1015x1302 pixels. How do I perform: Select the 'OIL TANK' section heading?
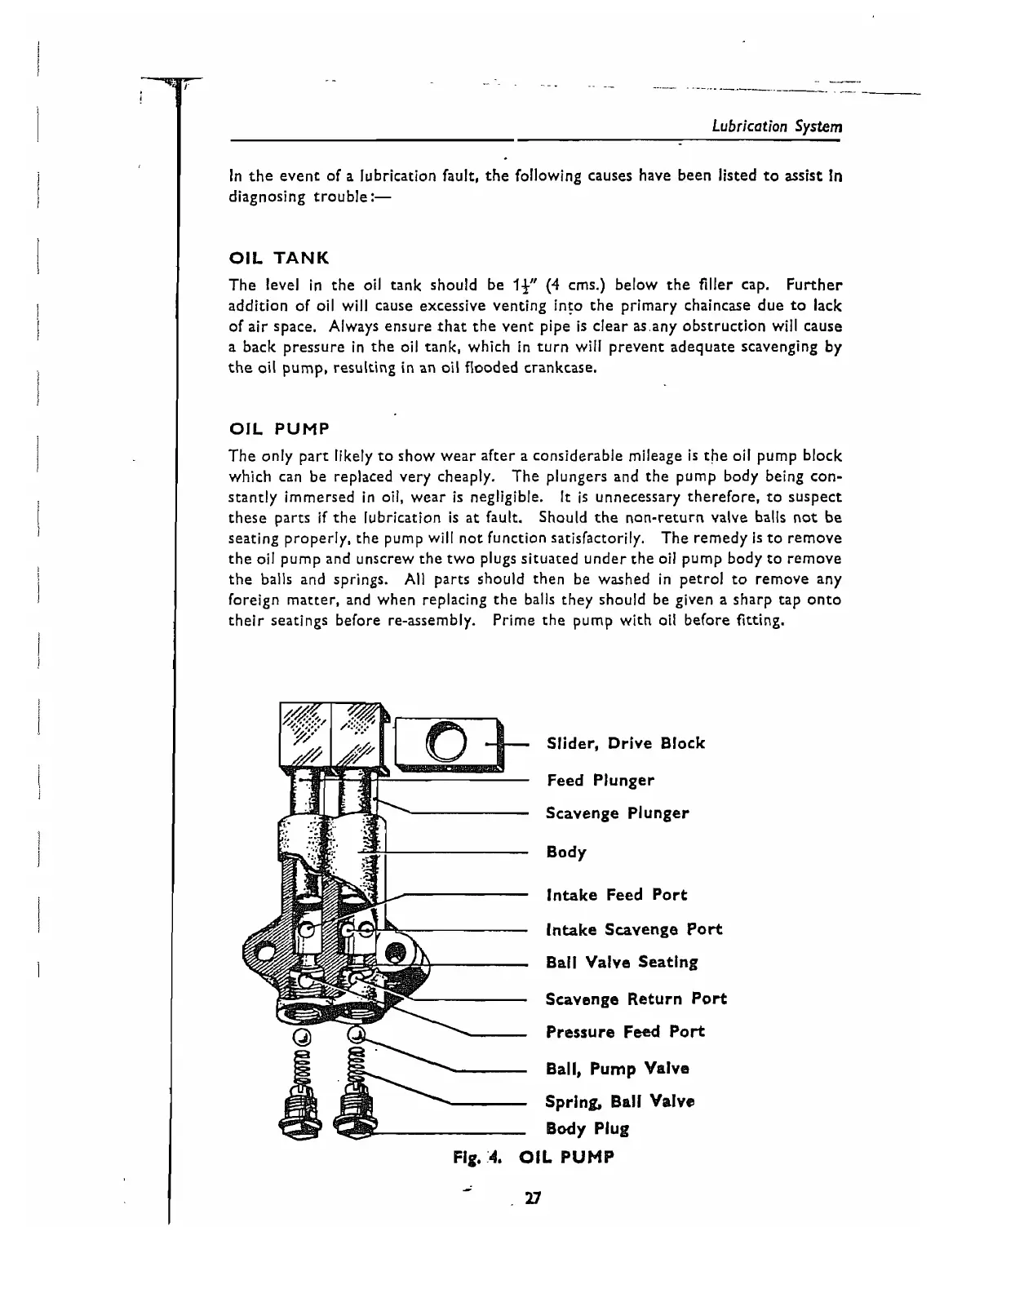[279, 259]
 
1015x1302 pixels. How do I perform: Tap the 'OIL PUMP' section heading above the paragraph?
[279, 429]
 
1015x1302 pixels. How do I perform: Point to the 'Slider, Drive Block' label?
[625, 743]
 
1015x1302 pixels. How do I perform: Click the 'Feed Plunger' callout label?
[601, 780]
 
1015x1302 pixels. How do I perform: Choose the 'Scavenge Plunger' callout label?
[618, 813]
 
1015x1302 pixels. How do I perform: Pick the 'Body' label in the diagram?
[566, 852]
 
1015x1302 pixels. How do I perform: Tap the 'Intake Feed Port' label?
[617, 895]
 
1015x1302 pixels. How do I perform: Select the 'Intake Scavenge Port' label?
[634, 929]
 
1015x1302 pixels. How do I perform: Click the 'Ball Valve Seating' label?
[622, 963]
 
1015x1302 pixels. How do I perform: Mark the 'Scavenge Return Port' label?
[636, 999]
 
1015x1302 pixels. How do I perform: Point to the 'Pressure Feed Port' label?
[625, 1032]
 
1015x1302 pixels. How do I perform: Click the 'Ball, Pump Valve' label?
[618, 1069]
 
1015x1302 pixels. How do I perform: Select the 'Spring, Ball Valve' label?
[620, 1101]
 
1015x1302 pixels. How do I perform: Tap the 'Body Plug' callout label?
[587, 1129]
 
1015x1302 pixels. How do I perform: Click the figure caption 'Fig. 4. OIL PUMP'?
[533, 1157]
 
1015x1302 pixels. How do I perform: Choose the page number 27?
[534, 1198]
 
